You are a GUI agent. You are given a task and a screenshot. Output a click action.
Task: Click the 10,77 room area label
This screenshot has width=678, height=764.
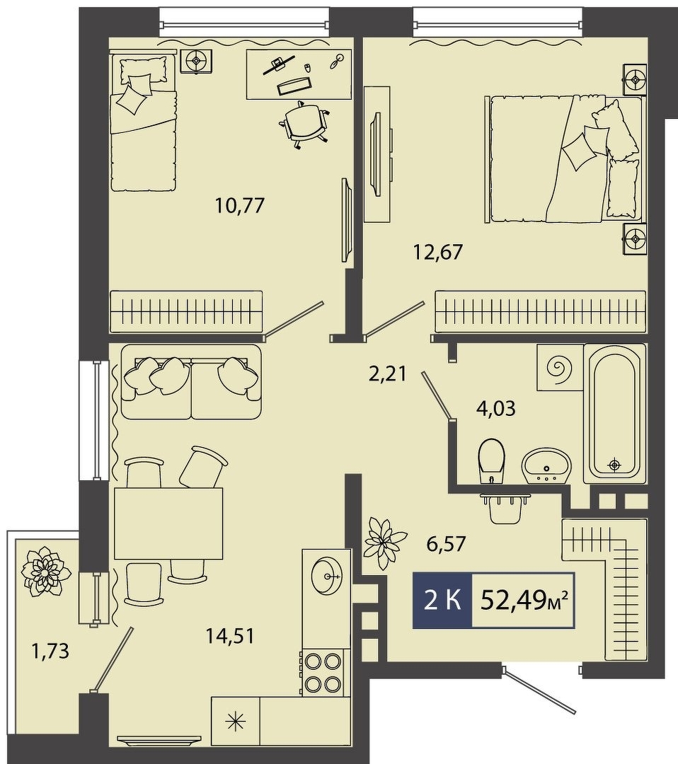(x=240, y=205)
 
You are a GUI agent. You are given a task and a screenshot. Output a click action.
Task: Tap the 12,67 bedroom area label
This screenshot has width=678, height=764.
(x=437, y=252)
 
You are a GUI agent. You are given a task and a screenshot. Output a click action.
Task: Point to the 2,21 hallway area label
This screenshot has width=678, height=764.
(x=388, y=375)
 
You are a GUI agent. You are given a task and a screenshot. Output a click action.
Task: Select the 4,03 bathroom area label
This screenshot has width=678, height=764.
(x=495, y=408)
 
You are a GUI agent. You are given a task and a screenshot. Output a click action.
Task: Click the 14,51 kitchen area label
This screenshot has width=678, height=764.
(x=229, y=636)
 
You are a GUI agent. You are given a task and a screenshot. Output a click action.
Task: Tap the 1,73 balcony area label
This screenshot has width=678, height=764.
(x=50, y=651)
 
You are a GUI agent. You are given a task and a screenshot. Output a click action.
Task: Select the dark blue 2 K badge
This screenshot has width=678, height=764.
(x=442, y=601)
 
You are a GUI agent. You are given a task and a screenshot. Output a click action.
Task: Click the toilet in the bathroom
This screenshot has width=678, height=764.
(x=492, y=461)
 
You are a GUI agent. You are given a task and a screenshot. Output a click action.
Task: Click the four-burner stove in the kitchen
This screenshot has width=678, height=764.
(x=321, y=675)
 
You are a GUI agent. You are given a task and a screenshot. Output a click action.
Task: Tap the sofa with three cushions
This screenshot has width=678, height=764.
(x=191, y=381)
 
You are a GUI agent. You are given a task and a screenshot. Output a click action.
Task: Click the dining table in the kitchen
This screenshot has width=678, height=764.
(x=168, y=523)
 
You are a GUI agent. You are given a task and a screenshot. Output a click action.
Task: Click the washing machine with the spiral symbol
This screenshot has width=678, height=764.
(x=560, y=367)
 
